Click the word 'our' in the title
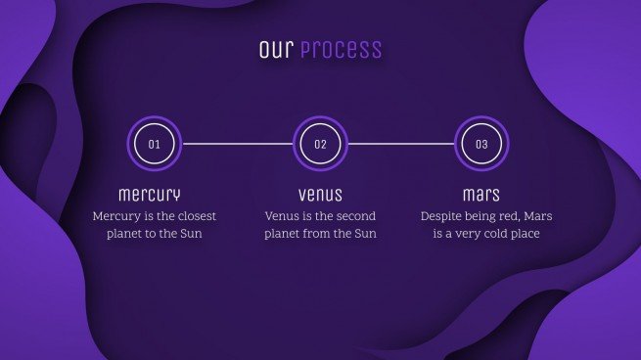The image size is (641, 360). [x=276, y=49]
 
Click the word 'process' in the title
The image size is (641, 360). [x=341, y=50]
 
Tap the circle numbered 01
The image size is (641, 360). [x=154, y=144]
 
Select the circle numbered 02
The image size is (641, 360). [x=320, y=144]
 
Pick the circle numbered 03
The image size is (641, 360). [x=481, y=144]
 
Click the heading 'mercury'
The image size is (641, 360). [x=150, y=194]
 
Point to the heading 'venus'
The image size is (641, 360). [x=320, y=194]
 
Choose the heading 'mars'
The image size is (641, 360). [x=481, y=194]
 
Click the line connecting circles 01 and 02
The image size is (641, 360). [x=237, y=144]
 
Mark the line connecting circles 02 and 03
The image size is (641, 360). [x=401, y=144]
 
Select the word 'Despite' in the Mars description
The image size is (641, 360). [x=442, y=216]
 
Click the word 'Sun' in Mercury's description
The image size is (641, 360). [x=191, y=235]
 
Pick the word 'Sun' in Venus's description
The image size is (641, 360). [x=364, y=235]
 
